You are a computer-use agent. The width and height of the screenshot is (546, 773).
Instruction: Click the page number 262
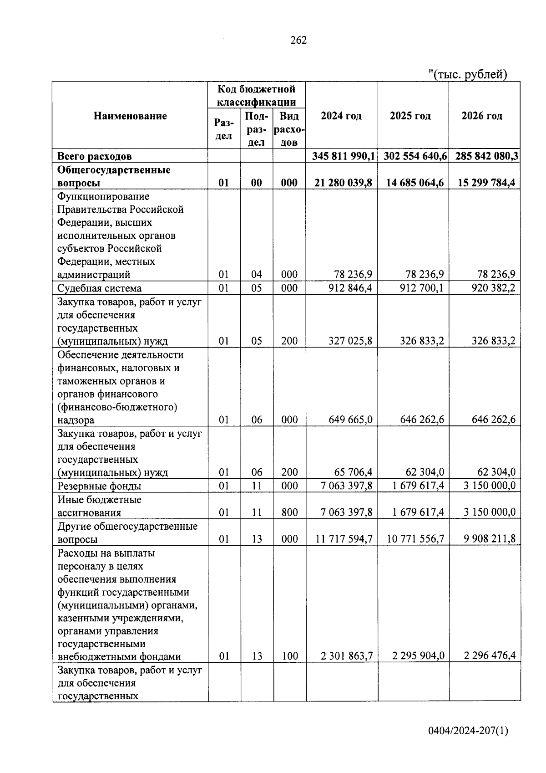(x=298, y=40)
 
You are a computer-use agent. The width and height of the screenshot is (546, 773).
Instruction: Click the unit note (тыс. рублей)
(x=468, y=74)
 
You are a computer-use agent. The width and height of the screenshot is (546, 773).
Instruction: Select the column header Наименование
(x=130, y=116)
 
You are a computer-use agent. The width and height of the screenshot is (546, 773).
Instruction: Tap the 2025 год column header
(x=410, y=116)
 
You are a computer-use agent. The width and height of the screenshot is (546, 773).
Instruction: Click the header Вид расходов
(x=289, y=129)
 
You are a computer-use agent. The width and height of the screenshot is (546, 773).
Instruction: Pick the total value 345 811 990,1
(x=344, y=156)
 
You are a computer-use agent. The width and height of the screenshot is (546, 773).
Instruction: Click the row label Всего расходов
(x=95, y=156)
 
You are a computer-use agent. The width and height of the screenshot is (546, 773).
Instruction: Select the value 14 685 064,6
(x=415, y=183)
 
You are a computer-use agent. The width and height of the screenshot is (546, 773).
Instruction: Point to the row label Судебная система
(x=99, y=288)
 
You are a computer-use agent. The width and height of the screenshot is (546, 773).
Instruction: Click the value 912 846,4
(x=350, y=288)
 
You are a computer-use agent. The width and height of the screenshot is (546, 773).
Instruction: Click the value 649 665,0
(x=350, y=420)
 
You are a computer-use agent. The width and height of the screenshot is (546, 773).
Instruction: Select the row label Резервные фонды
(x=99, y=486)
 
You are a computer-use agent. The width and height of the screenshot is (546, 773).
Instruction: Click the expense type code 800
(x=289, y=512)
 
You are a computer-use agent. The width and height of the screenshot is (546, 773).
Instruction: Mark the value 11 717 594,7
(x=344, y=539)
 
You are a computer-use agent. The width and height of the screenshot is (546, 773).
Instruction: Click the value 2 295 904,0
(x=418, y=656)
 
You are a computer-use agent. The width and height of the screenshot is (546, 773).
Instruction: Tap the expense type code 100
(x=289, y=656)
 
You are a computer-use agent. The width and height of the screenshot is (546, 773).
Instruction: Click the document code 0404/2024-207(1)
(x=468, y=731)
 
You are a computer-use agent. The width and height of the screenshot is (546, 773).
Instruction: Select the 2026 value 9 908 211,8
(x=490, y=539)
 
